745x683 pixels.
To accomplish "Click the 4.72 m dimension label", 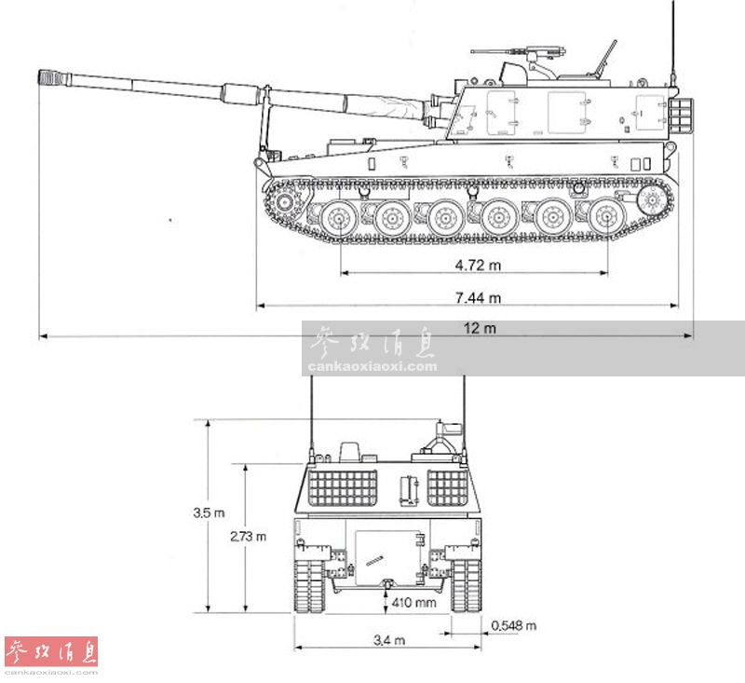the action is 478,265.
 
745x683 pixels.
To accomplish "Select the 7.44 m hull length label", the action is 478,298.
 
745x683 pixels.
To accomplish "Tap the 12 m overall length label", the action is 480,328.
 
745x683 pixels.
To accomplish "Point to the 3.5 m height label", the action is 209,512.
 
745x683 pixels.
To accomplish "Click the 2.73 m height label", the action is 248,537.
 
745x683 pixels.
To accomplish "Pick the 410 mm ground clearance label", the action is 413,603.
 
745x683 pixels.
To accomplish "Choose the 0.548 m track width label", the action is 514,625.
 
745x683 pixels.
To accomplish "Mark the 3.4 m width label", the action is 389,640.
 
